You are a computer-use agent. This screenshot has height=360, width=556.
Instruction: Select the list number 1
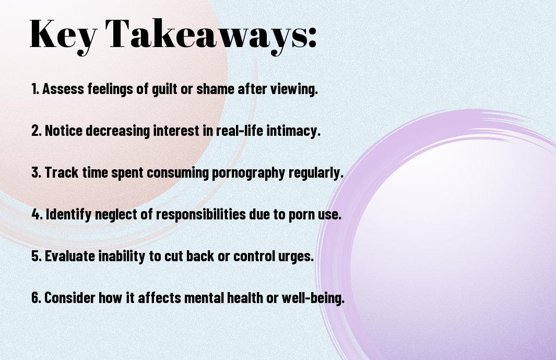pos(35,89)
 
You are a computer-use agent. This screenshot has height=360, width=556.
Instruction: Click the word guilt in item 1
pos(164,89)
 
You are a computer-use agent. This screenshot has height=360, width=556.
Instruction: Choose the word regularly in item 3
pos(316,173)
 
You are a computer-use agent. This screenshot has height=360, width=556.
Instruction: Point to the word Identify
pos(68,214)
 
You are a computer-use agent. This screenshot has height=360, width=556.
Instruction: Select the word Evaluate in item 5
pos(70,256)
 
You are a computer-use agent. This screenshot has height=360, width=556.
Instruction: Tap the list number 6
pos(36,297)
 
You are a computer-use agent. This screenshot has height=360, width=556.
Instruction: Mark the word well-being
pos(313,298)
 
